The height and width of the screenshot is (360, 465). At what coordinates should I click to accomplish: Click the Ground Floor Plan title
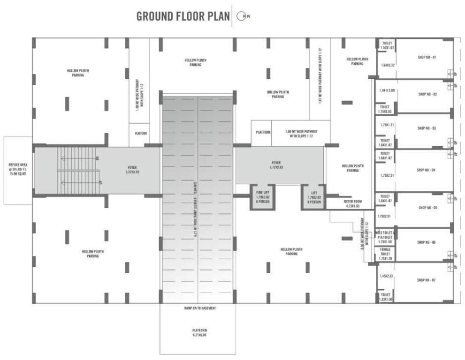pos(183,16)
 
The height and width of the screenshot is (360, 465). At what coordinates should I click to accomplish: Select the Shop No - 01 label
pos(427,58)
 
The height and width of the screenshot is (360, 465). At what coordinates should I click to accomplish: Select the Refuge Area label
pos(18,170)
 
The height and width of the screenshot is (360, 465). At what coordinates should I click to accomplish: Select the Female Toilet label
pos(385,255)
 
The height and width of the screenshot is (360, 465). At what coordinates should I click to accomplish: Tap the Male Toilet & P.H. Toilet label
pos(385,237)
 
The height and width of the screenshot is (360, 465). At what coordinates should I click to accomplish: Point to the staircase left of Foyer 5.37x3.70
pos(78,170)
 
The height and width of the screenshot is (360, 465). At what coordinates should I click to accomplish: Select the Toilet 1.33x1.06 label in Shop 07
pos(385,297)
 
